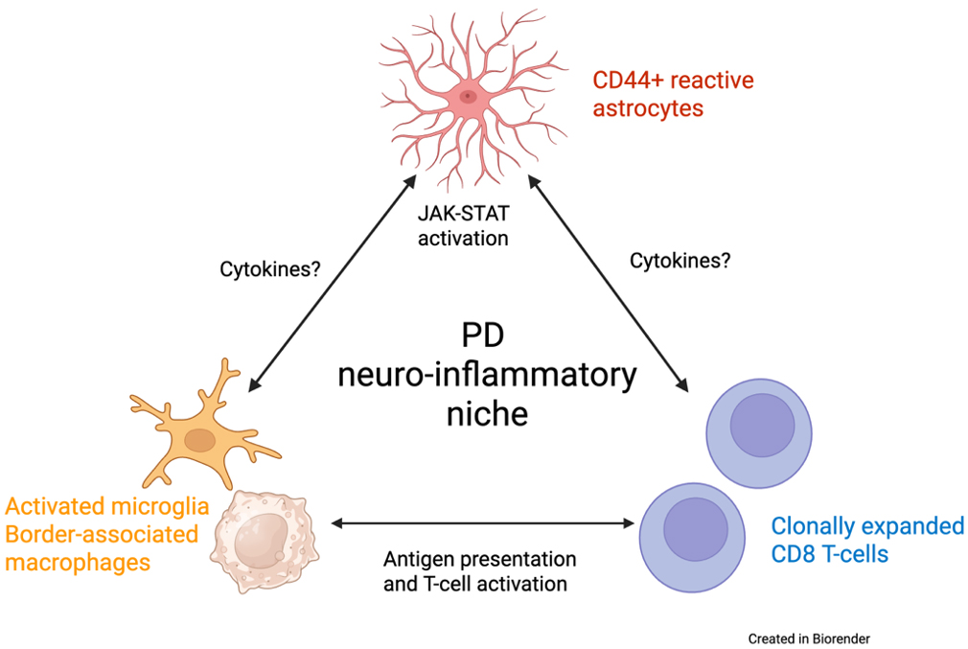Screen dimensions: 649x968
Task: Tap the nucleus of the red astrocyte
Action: click(468, 95)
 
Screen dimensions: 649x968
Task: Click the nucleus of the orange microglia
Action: click(200, 441)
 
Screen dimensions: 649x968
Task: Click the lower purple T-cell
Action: click(695, 528)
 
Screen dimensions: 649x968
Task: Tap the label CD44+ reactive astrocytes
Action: click(673, 93)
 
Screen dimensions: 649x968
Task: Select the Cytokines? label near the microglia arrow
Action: click(268, 270)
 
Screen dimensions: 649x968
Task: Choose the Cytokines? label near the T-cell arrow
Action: click(680, 260)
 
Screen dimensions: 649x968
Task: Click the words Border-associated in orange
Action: click(102, 534)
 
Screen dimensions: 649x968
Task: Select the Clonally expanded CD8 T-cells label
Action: click(867, 540)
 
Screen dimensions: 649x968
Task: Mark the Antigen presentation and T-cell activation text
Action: click(479, 570)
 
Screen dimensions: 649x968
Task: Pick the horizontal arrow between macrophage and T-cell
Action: click(484, 523)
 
